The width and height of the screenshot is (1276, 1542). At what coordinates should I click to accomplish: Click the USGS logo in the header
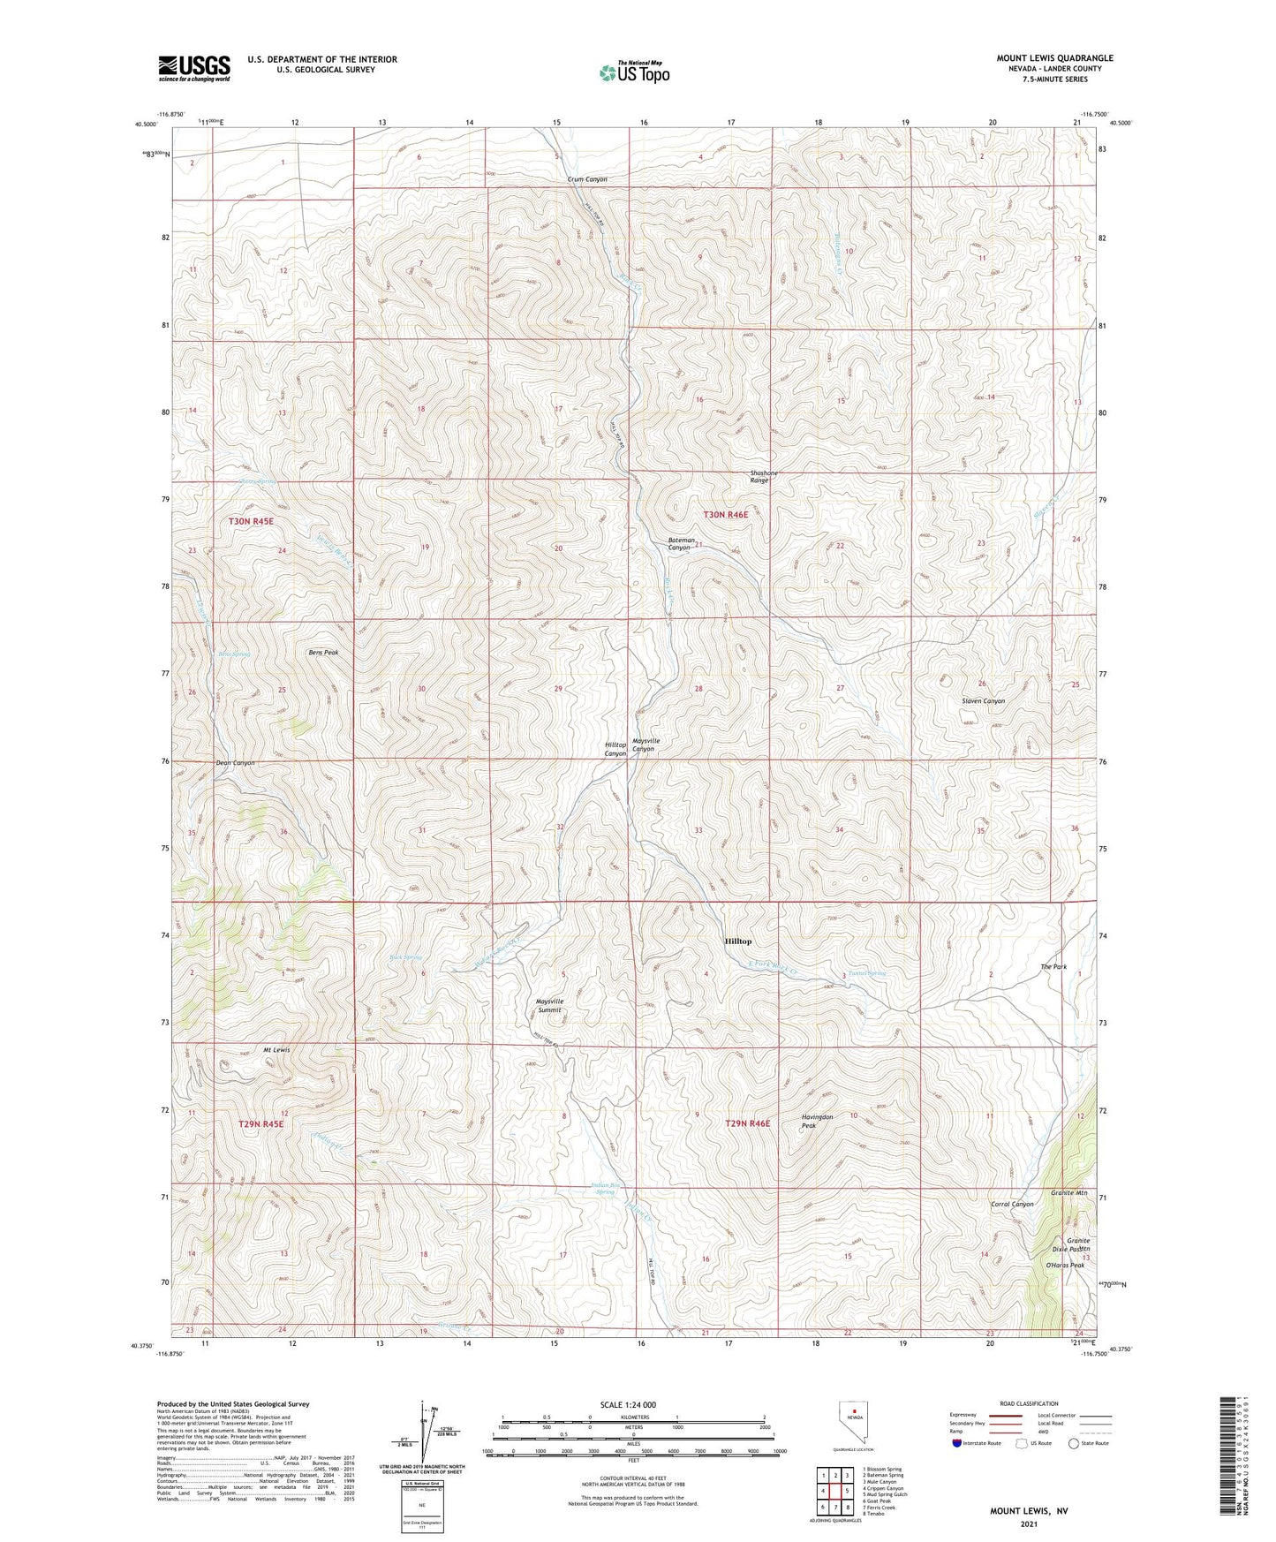[x=194, y=68]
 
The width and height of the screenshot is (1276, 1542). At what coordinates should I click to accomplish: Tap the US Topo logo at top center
[x=634, y=72]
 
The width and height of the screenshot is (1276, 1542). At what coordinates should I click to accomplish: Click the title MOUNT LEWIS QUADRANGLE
[x=1055, y=58]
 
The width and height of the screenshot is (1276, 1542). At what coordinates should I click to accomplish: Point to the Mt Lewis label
[x=276, y=1050]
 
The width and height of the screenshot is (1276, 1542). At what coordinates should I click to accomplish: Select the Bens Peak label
[x=323, y=653]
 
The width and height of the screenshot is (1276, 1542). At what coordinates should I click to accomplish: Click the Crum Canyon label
[x=587, y=179]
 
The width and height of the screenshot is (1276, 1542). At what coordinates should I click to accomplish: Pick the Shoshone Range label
[x=765, y=477]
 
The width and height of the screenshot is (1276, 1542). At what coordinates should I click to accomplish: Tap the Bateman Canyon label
[x=680, y=544]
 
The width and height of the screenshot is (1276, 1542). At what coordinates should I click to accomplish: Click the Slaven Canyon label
[x=983, y=701]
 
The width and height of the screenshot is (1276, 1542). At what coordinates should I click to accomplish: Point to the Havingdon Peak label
[x=817, y=1121]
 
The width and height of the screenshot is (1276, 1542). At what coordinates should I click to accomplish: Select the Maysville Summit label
[x=549, y=1005]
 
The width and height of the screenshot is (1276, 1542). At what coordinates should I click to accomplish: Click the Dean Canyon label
[x=235, y=763]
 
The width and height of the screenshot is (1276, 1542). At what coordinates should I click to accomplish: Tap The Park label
[x=1053, y=967]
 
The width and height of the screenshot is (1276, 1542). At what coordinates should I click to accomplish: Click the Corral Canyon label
[x=1012, y=1205]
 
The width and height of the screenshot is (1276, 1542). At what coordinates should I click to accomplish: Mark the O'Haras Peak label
[x=1064, y=1266]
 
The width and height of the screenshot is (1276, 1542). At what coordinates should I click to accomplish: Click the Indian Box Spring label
[x=605, y=1189]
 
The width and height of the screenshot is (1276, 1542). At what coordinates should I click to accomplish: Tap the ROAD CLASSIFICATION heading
[x=1030, y=1403]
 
